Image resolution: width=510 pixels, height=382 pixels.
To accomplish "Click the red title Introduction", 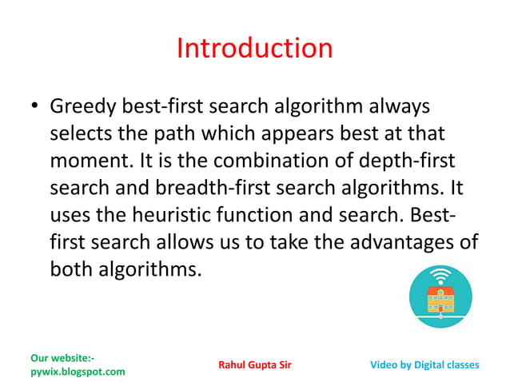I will pos(254,49).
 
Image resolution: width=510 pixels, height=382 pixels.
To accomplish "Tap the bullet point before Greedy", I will pos(34,107).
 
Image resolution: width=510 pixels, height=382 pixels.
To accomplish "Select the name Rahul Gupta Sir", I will pos(255,365).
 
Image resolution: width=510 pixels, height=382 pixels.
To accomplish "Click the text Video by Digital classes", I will pos(425,365).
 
